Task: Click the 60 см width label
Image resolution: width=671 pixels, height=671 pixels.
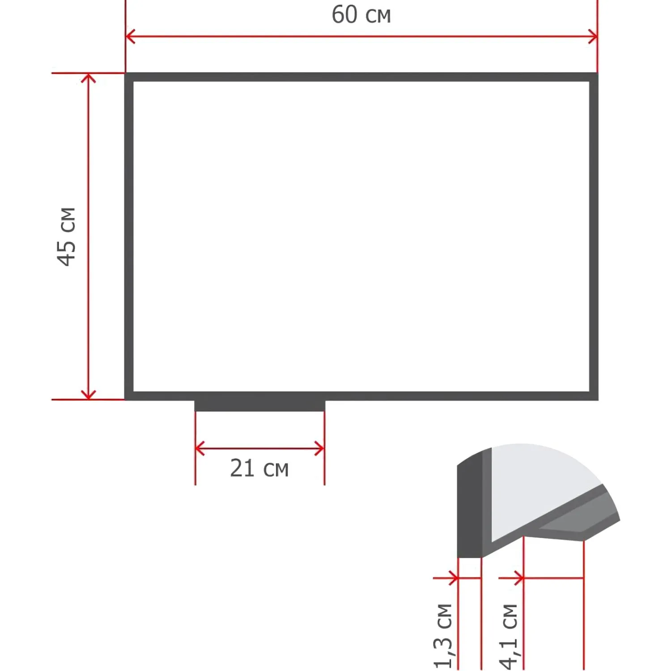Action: (x=361, y=15)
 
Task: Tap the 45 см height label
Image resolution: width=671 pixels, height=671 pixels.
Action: (x=67, y=237)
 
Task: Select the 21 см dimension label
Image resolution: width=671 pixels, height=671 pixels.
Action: (x=259, y=468)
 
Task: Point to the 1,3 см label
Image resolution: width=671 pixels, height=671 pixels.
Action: (x=443, y=636)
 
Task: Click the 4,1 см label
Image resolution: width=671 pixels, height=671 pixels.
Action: (x=509, y=636)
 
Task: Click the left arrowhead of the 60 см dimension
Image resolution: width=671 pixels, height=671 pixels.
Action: (x=130, y=36)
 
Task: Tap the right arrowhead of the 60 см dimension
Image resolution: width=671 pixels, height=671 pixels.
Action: (x=592, y=37)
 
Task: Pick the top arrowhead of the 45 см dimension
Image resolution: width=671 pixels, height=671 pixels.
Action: (x=89, y=79)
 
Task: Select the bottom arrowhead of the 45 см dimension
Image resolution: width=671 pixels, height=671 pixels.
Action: (x=89, y=394)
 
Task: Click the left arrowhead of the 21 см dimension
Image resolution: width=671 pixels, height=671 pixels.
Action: (x=200, y=448)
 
